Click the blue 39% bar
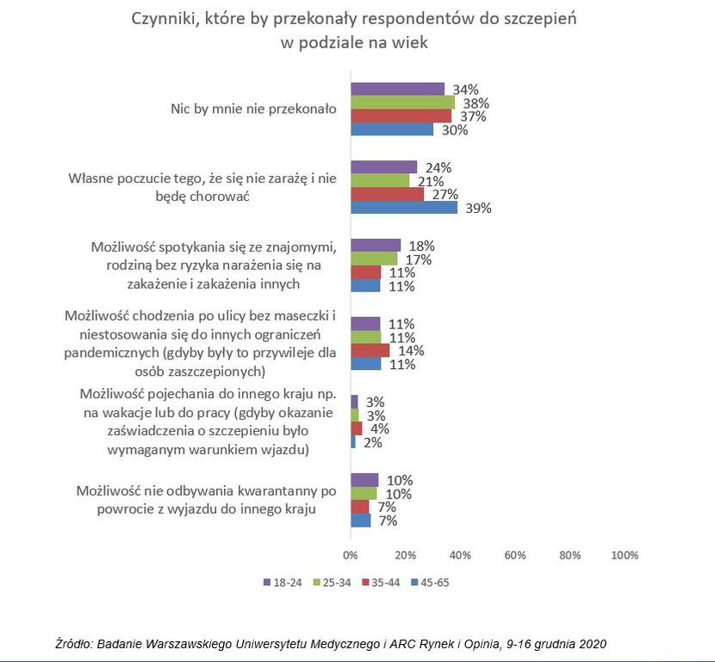tap(404, 208)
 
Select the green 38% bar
tap(402, 103)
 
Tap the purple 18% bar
tap(376, 246)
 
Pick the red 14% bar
tap(370, 350)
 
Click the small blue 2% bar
tap(353, 442)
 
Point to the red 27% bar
tap(387, 194)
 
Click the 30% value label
tap(455, 130)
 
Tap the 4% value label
tap(379, 429)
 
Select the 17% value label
tap(419, 259)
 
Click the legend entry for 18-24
tap(283, 583)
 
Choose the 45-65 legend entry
tap(430, 583)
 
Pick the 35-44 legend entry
tap(381, 583)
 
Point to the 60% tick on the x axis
tap(515, 555)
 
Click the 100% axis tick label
tap(625, 555)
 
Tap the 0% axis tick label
tap(351, 555)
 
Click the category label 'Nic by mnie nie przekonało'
tap(253, 109)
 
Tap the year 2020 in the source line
tap(593, 644)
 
